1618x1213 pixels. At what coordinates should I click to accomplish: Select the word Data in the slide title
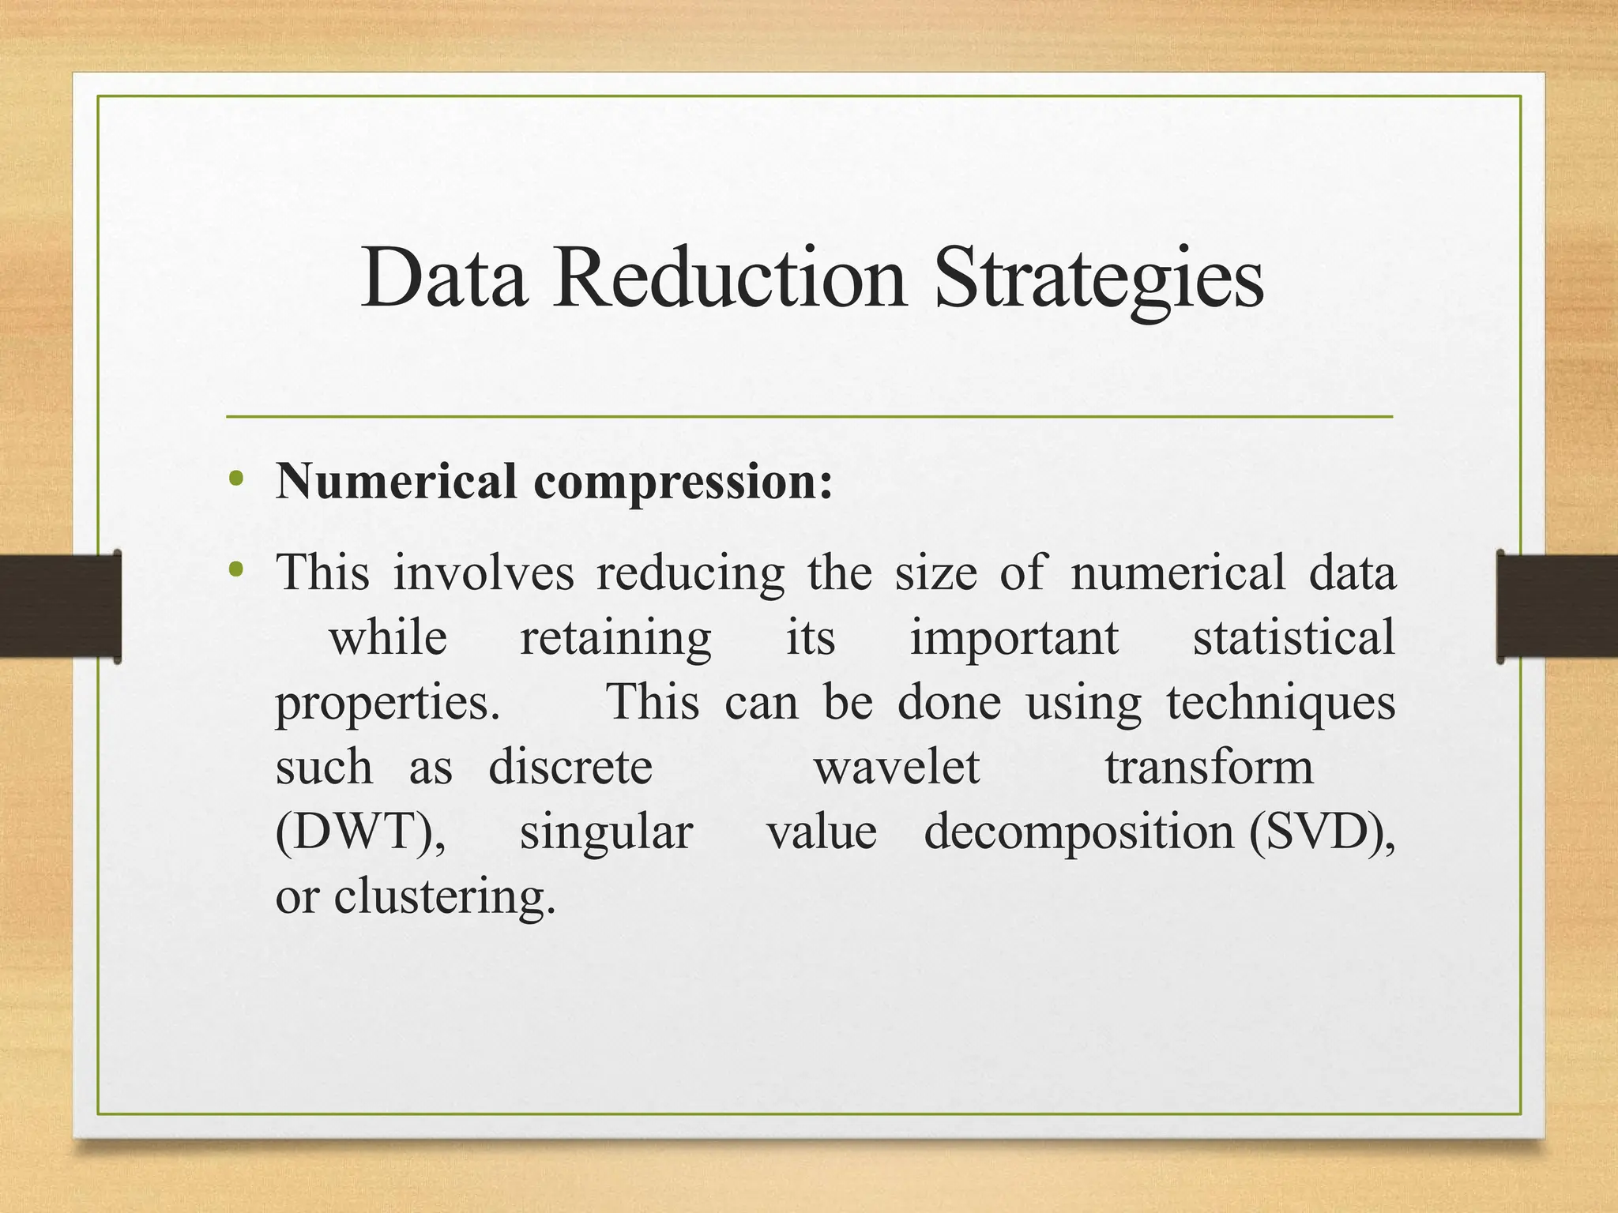point(444,278)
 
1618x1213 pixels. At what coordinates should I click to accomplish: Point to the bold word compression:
point(683,483)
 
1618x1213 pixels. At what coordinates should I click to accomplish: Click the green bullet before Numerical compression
point(235,479)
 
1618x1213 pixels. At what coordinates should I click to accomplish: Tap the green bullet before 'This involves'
point(235,569)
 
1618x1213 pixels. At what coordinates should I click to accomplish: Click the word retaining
point(615,638)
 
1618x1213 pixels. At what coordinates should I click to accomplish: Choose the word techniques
point(1281,703)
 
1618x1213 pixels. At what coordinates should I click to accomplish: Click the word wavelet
point(897,767)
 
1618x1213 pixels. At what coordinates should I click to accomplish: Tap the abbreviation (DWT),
point(360,832)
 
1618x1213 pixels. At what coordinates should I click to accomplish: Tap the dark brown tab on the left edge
point(60,606)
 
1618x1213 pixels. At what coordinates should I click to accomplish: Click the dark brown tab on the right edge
point(1557,606)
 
